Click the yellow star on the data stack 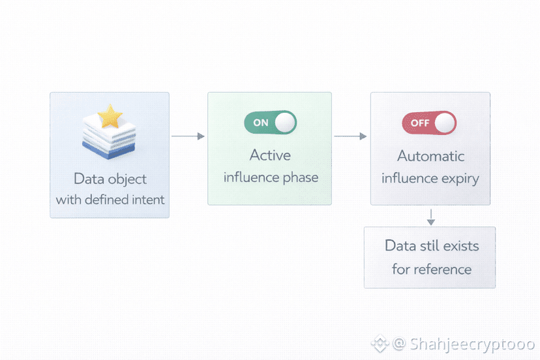110,117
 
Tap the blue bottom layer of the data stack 109,151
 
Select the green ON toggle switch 270,122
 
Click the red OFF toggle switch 429,123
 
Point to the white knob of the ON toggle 284,122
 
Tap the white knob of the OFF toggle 444,123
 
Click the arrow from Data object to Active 188,136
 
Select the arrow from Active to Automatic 350,136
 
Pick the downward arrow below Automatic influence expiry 430,217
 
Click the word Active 270,156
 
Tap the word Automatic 431,157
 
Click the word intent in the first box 147,200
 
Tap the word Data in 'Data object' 89,179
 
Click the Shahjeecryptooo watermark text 473,343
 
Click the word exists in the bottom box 460,247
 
